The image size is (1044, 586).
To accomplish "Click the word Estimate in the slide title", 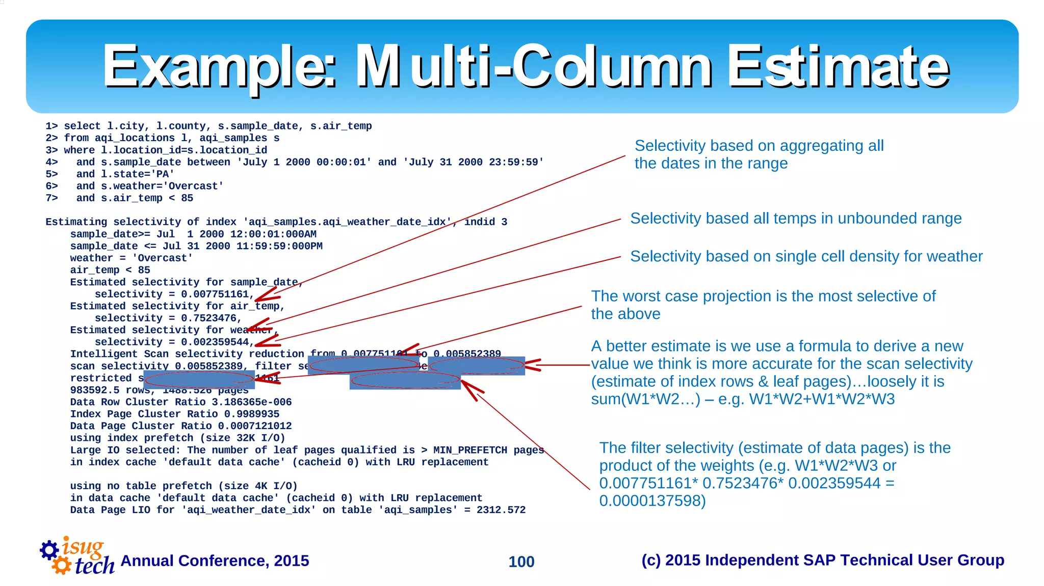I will (838, 67).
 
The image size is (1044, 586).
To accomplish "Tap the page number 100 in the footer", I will (521, 562).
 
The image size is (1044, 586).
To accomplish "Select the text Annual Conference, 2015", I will (215, 561).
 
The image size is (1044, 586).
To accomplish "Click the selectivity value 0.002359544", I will (215, 342).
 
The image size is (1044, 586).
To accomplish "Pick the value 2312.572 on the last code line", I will (501, 510).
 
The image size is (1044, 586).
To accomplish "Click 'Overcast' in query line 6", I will (196, 186).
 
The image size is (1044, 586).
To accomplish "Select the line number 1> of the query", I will (51, 126).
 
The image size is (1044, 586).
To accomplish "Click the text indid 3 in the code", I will (485, 222).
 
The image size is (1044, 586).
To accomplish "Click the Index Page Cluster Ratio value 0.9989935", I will (251, 414).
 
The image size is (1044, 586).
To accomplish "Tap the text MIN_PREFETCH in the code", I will (470, 450).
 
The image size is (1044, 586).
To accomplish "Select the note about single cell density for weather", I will (806, 256).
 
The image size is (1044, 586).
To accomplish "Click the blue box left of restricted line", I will (199, 380).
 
